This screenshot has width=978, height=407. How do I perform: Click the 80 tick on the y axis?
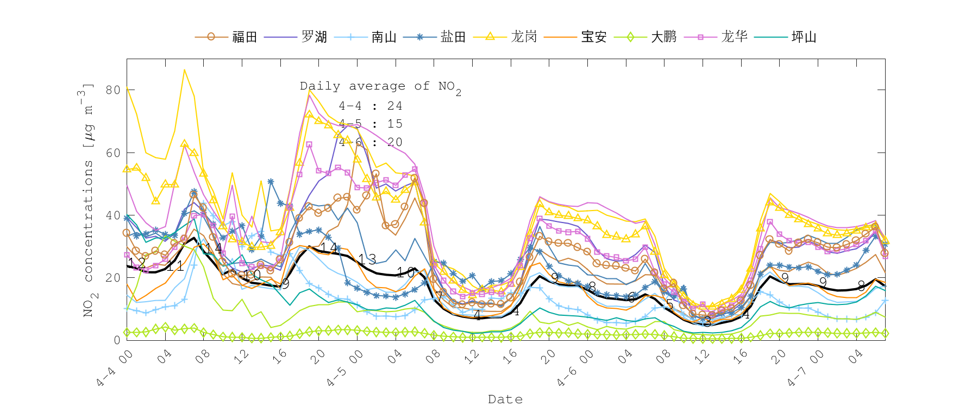(x=113, y=90)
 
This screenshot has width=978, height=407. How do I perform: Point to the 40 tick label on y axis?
(x=113, y=215)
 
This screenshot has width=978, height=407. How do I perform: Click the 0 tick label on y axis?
(x=117, y=340)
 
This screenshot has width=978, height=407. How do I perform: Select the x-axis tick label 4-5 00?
(x=344, y=368)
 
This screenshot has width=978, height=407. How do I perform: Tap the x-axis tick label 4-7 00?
(x=806, y=368)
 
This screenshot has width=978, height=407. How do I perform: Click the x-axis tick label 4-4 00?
(x=114, y=368)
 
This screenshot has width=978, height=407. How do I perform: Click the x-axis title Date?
(x=505, y=399)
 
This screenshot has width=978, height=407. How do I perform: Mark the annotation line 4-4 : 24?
(x=371, y=106)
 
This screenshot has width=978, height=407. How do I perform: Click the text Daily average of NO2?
(x=380, y=86)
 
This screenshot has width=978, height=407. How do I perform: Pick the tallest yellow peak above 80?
(x=185, y=69)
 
